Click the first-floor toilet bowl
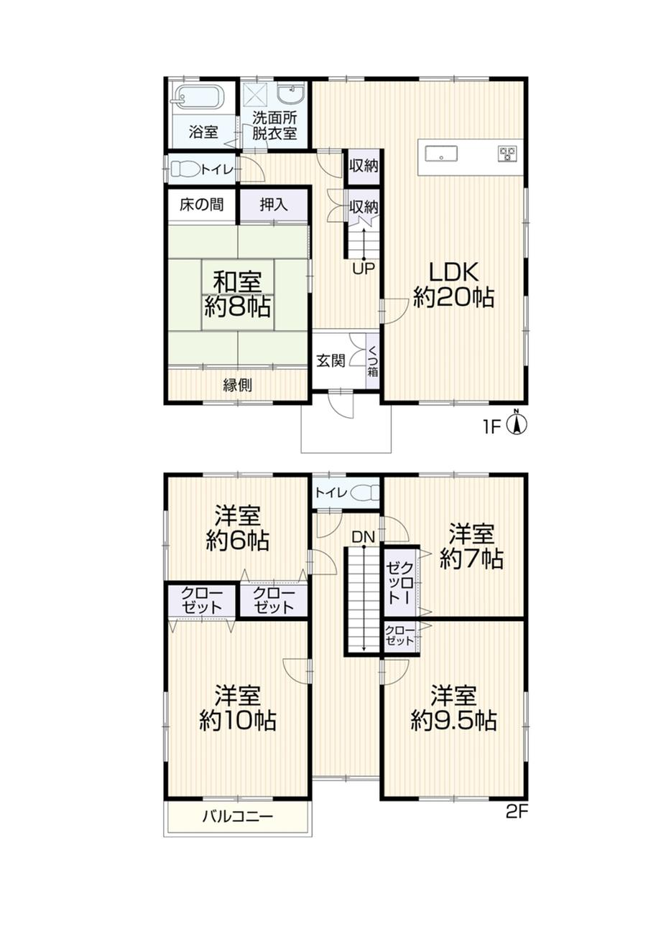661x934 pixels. [x=185, y=169]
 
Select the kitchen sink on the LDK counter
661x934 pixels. [x=440, y=153]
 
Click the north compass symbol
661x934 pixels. [x=516, y=424]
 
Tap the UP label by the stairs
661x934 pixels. [x=364, y=269]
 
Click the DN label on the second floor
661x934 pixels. [x=364, y=538]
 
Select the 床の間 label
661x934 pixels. [x=202, y=205]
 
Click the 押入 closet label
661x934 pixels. [x=274, y=205]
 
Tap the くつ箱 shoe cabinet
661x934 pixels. [x=372, y=361]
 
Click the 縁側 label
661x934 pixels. [x=238, y=386]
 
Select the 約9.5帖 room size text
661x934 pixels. [x=453, y=721]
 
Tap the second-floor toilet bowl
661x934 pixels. [x=364, y=494]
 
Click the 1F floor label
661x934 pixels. [x=491, y=428]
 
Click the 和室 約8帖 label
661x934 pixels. [x=237, y=294]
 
